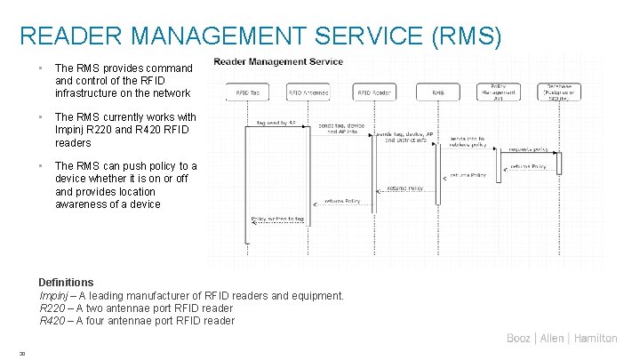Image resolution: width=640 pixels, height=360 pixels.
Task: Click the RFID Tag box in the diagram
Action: coord(248,92)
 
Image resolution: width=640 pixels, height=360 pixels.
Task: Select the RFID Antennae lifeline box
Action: coord(307,92)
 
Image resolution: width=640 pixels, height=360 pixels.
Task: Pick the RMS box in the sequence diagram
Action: coord(437,92)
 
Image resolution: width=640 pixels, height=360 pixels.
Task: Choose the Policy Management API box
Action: coord(499,91)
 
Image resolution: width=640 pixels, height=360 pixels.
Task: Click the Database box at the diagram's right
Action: coord(561,91)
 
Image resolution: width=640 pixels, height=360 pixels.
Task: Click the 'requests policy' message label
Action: coord(529,150)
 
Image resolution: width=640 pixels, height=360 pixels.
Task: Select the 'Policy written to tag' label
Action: coord(278,218)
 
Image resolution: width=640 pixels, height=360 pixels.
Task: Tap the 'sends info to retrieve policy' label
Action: coord(468,142)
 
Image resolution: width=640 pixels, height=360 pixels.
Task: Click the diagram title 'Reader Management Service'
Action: coord(278,61)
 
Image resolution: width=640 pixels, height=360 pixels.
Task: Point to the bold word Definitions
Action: coord(67,283)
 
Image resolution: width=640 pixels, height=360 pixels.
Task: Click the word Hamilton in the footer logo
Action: coord(596,338)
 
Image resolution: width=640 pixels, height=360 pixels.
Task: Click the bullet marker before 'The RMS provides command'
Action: coord(41,68)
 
